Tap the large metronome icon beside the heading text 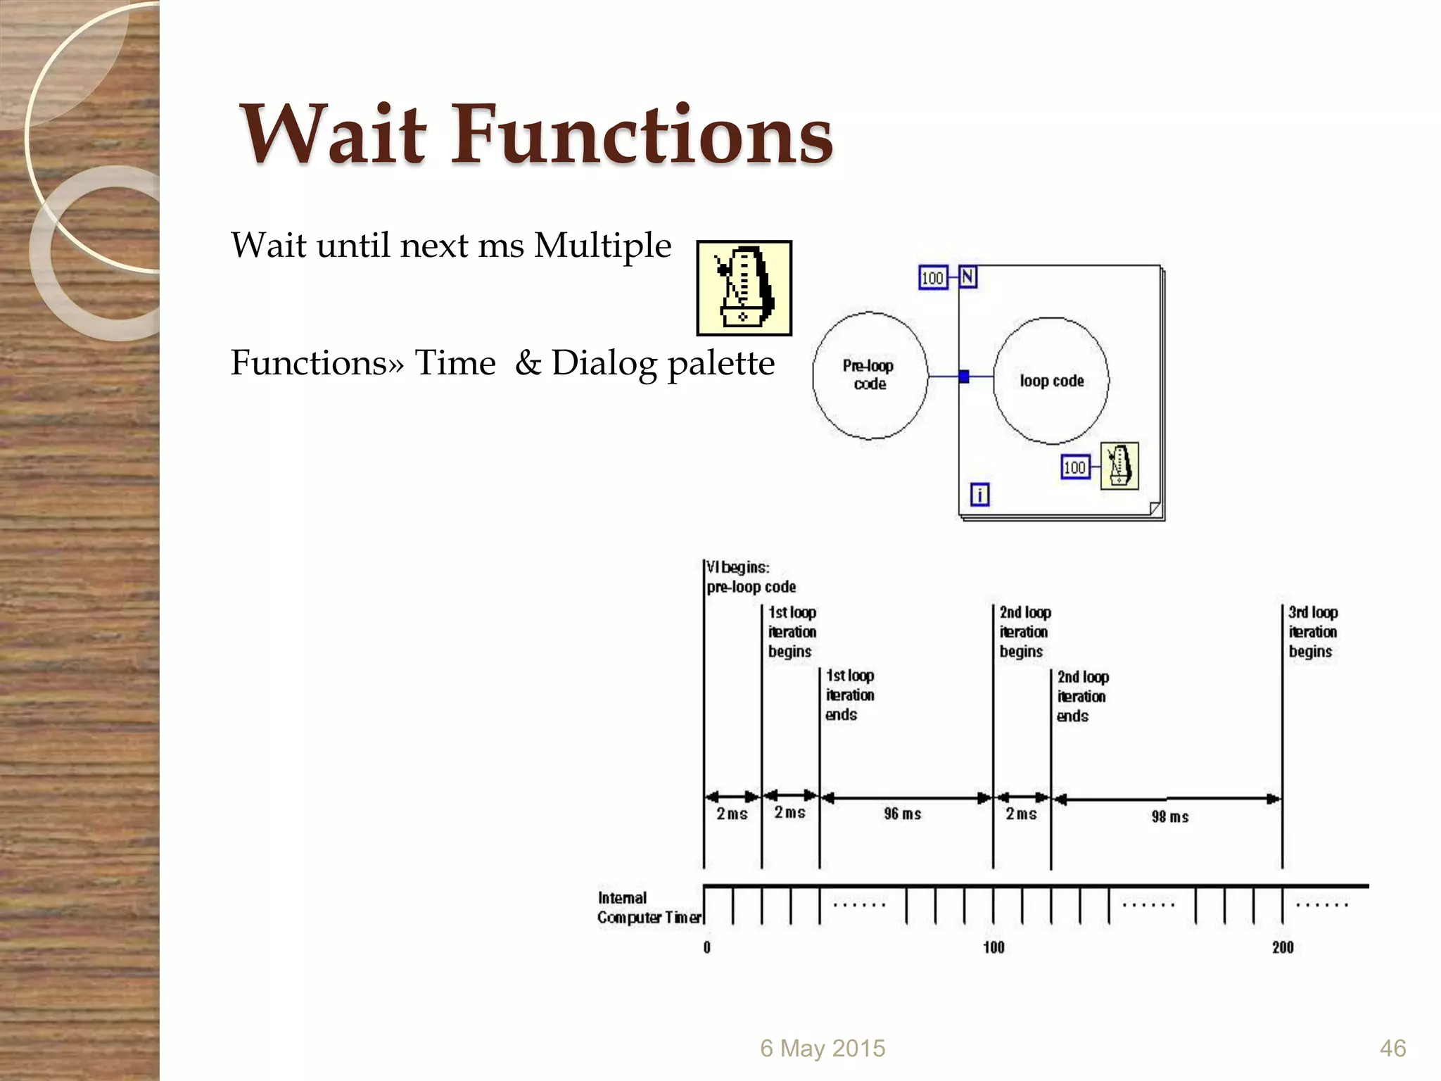744,288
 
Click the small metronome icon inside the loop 1119,465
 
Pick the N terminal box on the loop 968,277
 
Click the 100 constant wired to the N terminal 932,278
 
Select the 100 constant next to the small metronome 1074,467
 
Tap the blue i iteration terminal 979,494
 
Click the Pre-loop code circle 870,375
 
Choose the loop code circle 1051,381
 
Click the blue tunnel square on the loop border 964,377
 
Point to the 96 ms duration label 902,814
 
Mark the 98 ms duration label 1169,817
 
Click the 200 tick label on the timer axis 1283,947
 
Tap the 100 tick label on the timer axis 994,947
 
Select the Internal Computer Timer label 649,908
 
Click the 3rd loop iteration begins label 1313,632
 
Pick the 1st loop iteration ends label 850,695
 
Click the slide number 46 1392,1049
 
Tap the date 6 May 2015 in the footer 823,1049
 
